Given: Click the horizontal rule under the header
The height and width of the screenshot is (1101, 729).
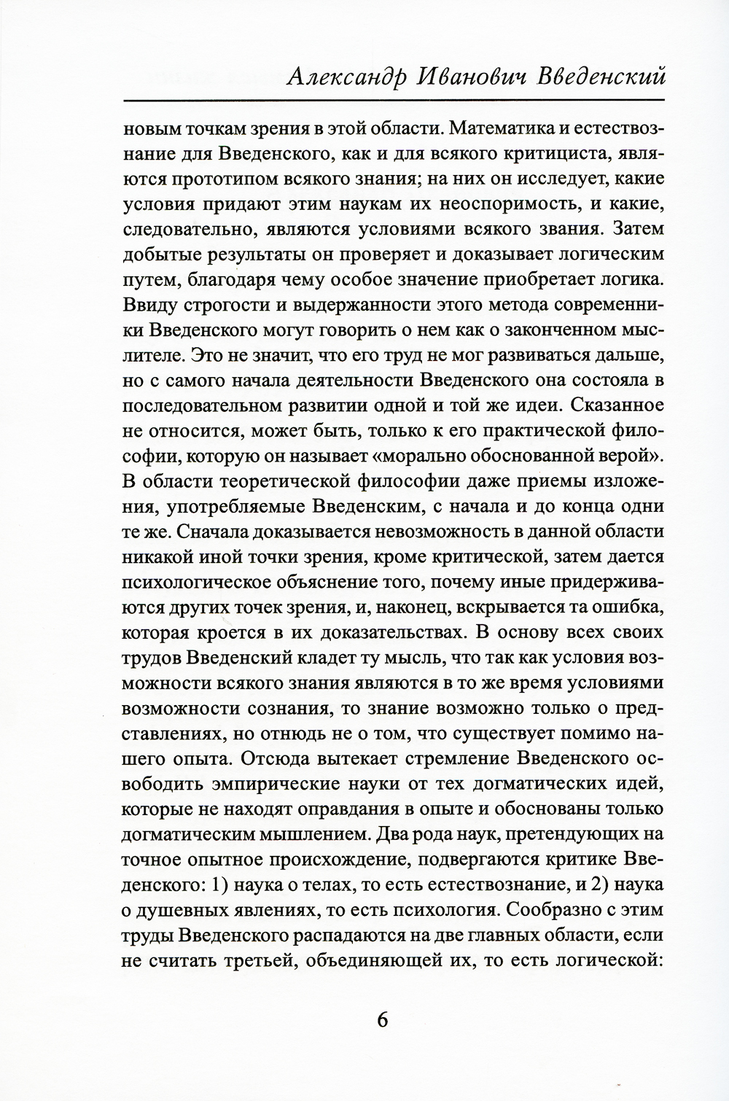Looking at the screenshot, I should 394,100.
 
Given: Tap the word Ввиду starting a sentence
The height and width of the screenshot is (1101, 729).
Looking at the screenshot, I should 146,303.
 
